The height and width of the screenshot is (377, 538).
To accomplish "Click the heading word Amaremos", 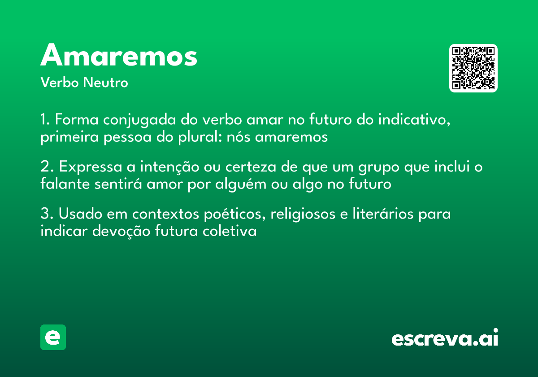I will [119, 56].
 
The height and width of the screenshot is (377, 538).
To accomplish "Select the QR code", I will [473, 68].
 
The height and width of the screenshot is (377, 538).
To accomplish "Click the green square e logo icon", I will [53, 337].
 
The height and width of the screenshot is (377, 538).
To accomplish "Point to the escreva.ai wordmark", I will [445, 338].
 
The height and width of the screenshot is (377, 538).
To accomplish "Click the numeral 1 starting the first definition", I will [44, 120].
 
